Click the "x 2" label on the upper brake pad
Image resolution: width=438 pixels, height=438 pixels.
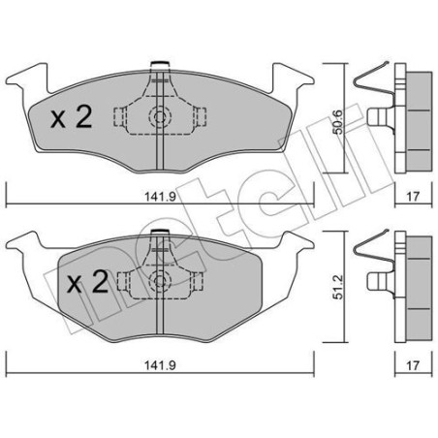(x=70, y=119)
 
